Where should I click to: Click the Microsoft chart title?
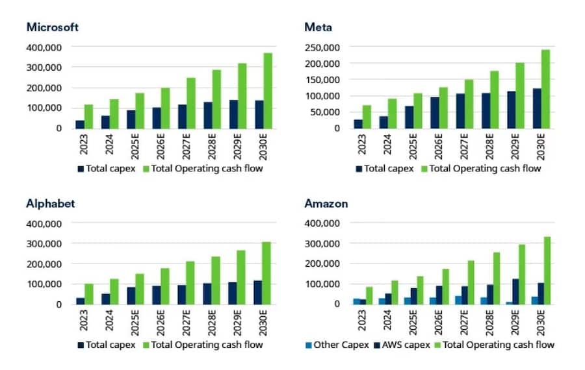tap(53, 27)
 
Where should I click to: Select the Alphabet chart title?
tap(51, 203)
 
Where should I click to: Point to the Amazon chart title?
tap(326, 203)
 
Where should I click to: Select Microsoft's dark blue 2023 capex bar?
tap(80, 124)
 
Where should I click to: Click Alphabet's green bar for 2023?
tap(88, 293)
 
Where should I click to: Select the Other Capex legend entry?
tap(337, 345)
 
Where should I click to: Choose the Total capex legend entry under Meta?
tap(384, 169)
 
